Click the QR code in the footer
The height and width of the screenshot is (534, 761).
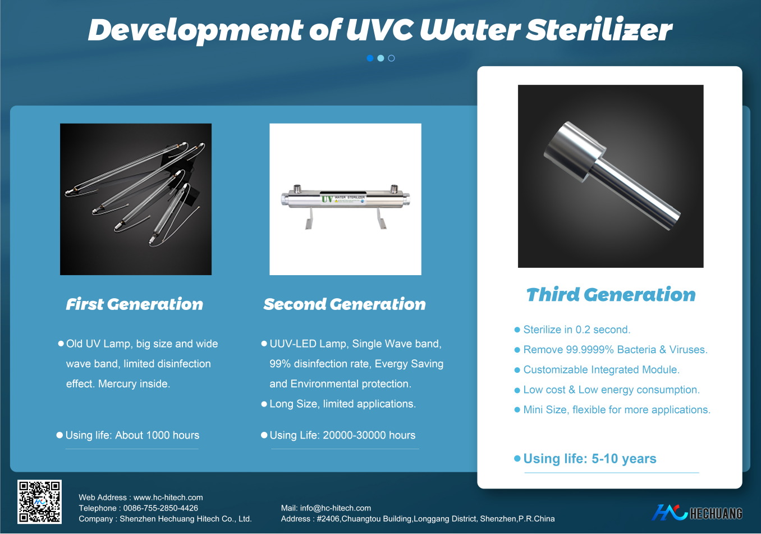point(39,501)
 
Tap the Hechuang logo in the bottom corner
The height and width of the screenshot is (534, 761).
point(697,513)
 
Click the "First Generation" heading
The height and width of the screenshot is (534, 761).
point(135,304)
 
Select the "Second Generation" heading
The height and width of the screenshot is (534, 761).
point(345,304)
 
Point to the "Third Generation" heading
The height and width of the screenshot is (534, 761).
point(611,294)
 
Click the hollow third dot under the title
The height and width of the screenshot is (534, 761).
point(391,58)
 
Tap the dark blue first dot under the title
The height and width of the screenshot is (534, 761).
point(370,58)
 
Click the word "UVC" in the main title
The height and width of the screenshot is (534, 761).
point(380,30)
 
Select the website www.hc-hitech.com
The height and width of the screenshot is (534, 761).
point(168,498)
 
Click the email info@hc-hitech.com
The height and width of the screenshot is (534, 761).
point(336,508)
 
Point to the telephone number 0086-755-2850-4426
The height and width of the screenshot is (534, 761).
point(161,508)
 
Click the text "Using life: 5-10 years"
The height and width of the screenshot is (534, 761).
point(590,459)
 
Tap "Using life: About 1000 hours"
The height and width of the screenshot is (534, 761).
point(132,435)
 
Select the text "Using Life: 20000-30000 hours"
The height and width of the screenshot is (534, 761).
point(342,435)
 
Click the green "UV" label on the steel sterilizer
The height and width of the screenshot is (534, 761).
point(327,199)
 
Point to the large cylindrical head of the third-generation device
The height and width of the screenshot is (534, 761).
point(574,152)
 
